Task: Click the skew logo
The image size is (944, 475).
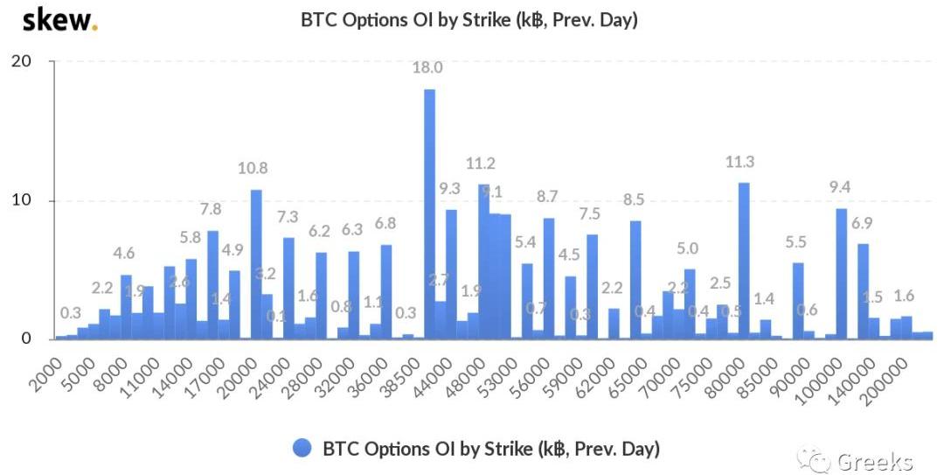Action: coord(59,19)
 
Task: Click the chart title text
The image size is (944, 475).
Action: coord(469,19)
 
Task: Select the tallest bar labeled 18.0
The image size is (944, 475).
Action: coord(429,213)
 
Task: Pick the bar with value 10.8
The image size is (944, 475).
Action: coord(256,263)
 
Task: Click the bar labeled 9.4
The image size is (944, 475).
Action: coord(841,273)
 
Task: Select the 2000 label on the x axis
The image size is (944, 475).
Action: coord(44,366)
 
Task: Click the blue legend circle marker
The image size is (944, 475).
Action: coord(302,449)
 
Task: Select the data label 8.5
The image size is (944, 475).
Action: coord(635,199)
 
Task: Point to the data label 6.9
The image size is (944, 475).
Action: coord(863,223)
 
